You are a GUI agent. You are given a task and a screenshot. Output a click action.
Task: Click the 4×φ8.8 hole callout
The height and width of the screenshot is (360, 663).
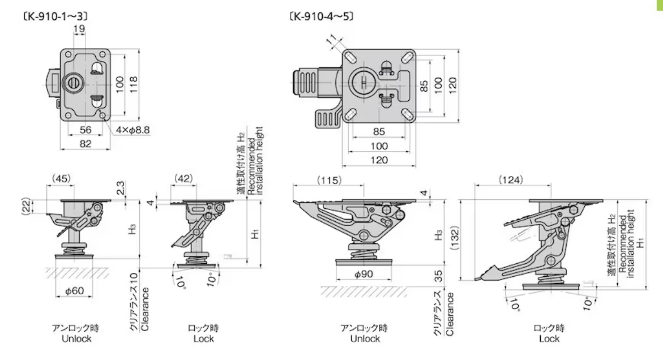coord(133,130)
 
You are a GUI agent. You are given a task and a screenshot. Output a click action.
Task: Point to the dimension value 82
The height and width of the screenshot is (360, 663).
coord(85,144)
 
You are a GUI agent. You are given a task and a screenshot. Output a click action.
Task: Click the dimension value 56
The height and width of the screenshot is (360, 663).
coord(85,129)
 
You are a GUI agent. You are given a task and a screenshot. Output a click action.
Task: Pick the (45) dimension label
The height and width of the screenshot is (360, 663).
coord(61,179)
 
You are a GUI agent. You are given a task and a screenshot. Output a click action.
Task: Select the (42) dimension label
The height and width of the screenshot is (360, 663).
coord(183,179)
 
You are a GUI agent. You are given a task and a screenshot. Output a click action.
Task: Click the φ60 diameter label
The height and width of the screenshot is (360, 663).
coord(75,291)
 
